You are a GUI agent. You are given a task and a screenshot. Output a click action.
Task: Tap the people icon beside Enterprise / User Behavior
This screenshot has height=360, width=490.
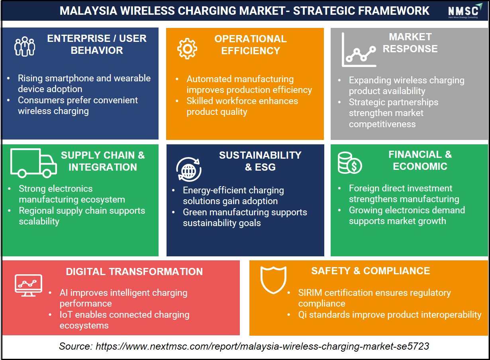(x=25, y=46)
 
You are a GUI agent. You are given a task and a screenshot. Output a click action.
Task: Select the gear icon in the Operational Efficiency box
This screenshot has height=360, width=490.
(x=187, y=49)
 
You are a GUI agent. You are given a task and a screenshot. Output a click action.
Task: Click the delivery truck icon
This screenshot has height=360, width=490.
(x=33, y=163)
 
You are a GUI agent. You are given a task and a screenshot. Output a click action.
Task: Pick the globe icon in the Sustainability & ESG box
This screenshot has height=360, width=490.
(x=189, y=169)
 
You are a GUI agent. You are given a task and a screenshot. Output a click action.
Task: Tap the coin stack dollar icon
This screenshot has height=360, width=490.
(x=350, y=163)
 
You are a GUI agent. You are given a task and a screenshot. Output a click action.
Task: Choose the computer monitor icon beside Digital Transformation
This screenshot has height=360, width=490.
(x=28, y=285)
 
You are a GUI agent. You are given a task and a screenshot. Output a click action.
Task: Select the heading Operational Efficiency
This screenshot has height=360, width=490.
(x=251, y=45)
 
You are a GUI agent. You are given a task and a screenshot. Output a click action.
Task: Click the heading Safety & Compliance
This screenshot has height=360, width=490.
(x=370, y=271)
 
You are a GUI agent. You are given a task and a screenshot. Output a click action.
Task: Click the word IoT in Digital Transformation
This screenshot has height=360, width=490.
(x=66, y=315)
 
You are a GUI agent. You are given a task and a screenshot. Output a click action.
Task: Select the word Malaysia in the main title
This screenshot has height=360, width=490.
(x=88, y=11)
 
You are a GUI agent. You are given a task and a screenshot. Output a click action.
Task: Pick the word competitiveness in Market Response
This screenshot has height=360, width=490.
(x=382, y=124)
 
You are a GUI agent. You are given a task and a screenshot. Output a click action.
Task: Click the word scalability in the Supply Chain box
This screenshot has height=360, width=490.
(x=39, y=221)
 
